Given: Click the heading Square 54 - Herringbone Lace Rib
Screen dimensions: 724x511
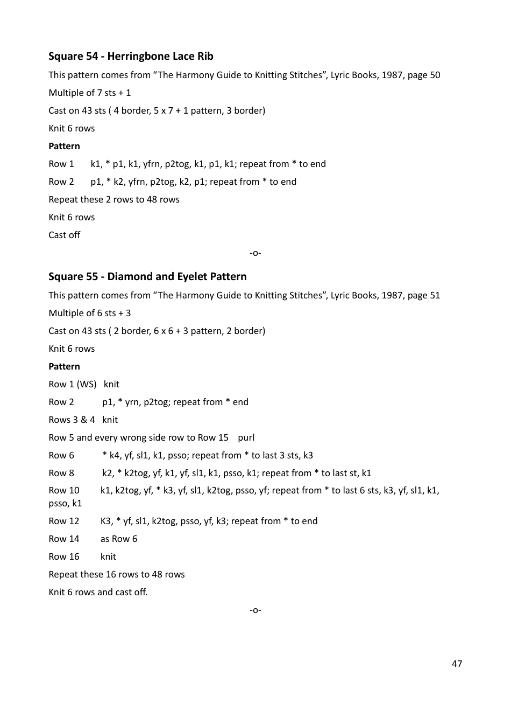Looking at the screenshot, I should pyautogui.click(x=131, y=57).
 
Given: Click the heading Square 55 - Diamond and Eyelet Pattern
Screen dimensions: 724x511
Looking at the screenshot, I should pyautogui.click(x=147, y=277).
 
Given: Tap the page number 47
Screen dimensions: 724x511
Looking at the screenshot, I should pyautogui.click(x=457, y=664).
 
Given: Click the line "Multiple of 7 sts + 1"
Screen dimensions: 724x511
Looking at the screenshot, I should pyautogui.click(x=90, y=93).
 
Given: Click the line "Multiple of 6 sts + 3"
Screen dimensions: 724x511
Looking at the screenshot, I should pyautogui.click(x=90, y=314).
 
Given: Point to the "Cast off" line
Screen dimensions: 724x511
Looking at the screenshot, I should pyautogui.click(x=64, y=235).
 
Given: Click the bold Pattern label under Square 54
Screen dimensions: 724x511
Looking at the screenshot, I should pyautogui.click(x=64, y=147).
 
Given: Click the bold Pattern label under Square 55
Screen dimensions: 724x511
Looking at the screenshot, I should pyautogui.click(x=64, y=367).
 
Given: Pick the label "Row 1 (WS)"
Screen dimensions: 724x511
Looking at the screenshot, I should pyautogui.click(x=72, y=385).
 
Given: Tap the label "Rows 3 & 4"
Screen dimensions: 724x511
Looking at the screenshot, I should pyautogui.click(x=72, y=420).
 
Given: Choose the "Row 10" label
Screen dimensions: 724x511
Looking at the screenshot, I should pyautogui.click(x=63, y=491).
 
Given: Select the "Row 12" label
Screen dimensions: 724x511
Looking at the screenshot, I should pyautogui.click(x=63, y=521).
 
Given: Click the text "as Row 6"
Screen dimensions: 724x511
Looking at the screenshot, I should pyautogui.click(x=119, y=539).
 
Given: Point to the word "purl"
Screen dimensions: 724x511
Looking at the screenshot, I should pyautogui.click(x=246, y=438).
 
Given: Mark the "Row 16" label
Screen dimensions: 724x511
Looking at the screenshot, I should pyautogui.click(x=63, y=557).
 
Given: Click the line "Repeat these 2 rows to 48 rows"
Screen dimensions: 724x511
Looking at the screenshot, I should pyautogui.click(x=114, y=200).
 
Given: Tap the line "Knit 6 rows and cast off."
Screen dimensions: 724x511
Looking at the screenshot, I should pyautogui.click(x=98, y=593).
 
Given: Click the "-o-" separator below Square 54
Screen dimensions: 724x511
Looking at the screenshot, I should pyautogui.click(x=256, y=253).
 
